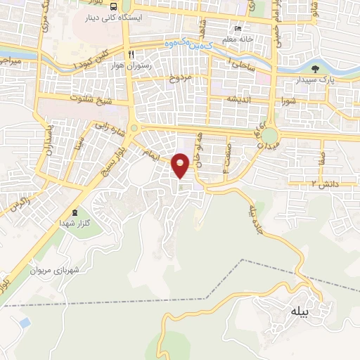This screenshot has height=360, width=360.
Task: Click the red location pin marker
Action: click(181, 165)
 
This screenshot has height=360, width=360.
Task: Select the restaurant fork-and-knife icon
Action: click(130, 54)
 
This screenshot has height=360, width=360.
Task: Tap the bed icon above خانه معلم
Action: click(238, 30)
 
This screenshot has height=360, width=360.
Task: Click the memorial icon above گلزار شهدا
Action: click(75, 212)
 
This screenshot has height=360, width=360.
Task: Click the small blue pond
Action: click(25, 323)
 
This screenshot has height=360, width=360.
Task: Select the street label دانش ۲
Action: click(324, 183)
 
